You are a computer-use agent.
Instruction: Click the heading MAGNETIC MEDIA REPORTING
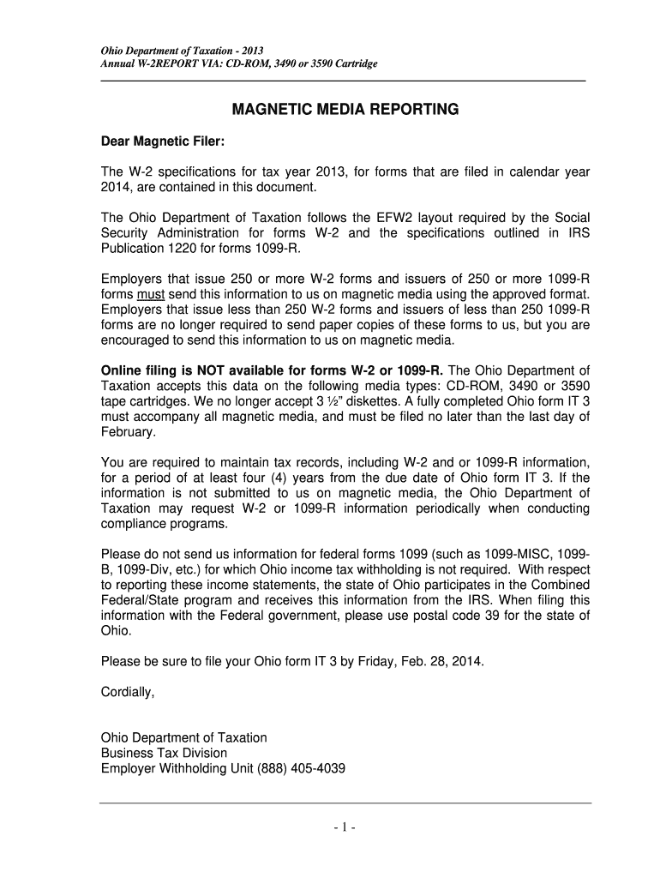point(345,110)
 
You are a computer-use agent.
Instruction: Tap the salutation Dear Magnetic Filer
point(162,140)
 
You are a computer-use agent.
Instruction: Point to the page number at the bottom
point(345,828)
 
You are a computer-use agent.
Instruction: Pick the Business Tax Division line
point(164,753)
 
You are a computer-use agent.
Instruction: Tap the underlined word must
point(151,294)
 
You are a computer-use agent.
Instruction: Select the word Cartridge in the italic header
point(354,64)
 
